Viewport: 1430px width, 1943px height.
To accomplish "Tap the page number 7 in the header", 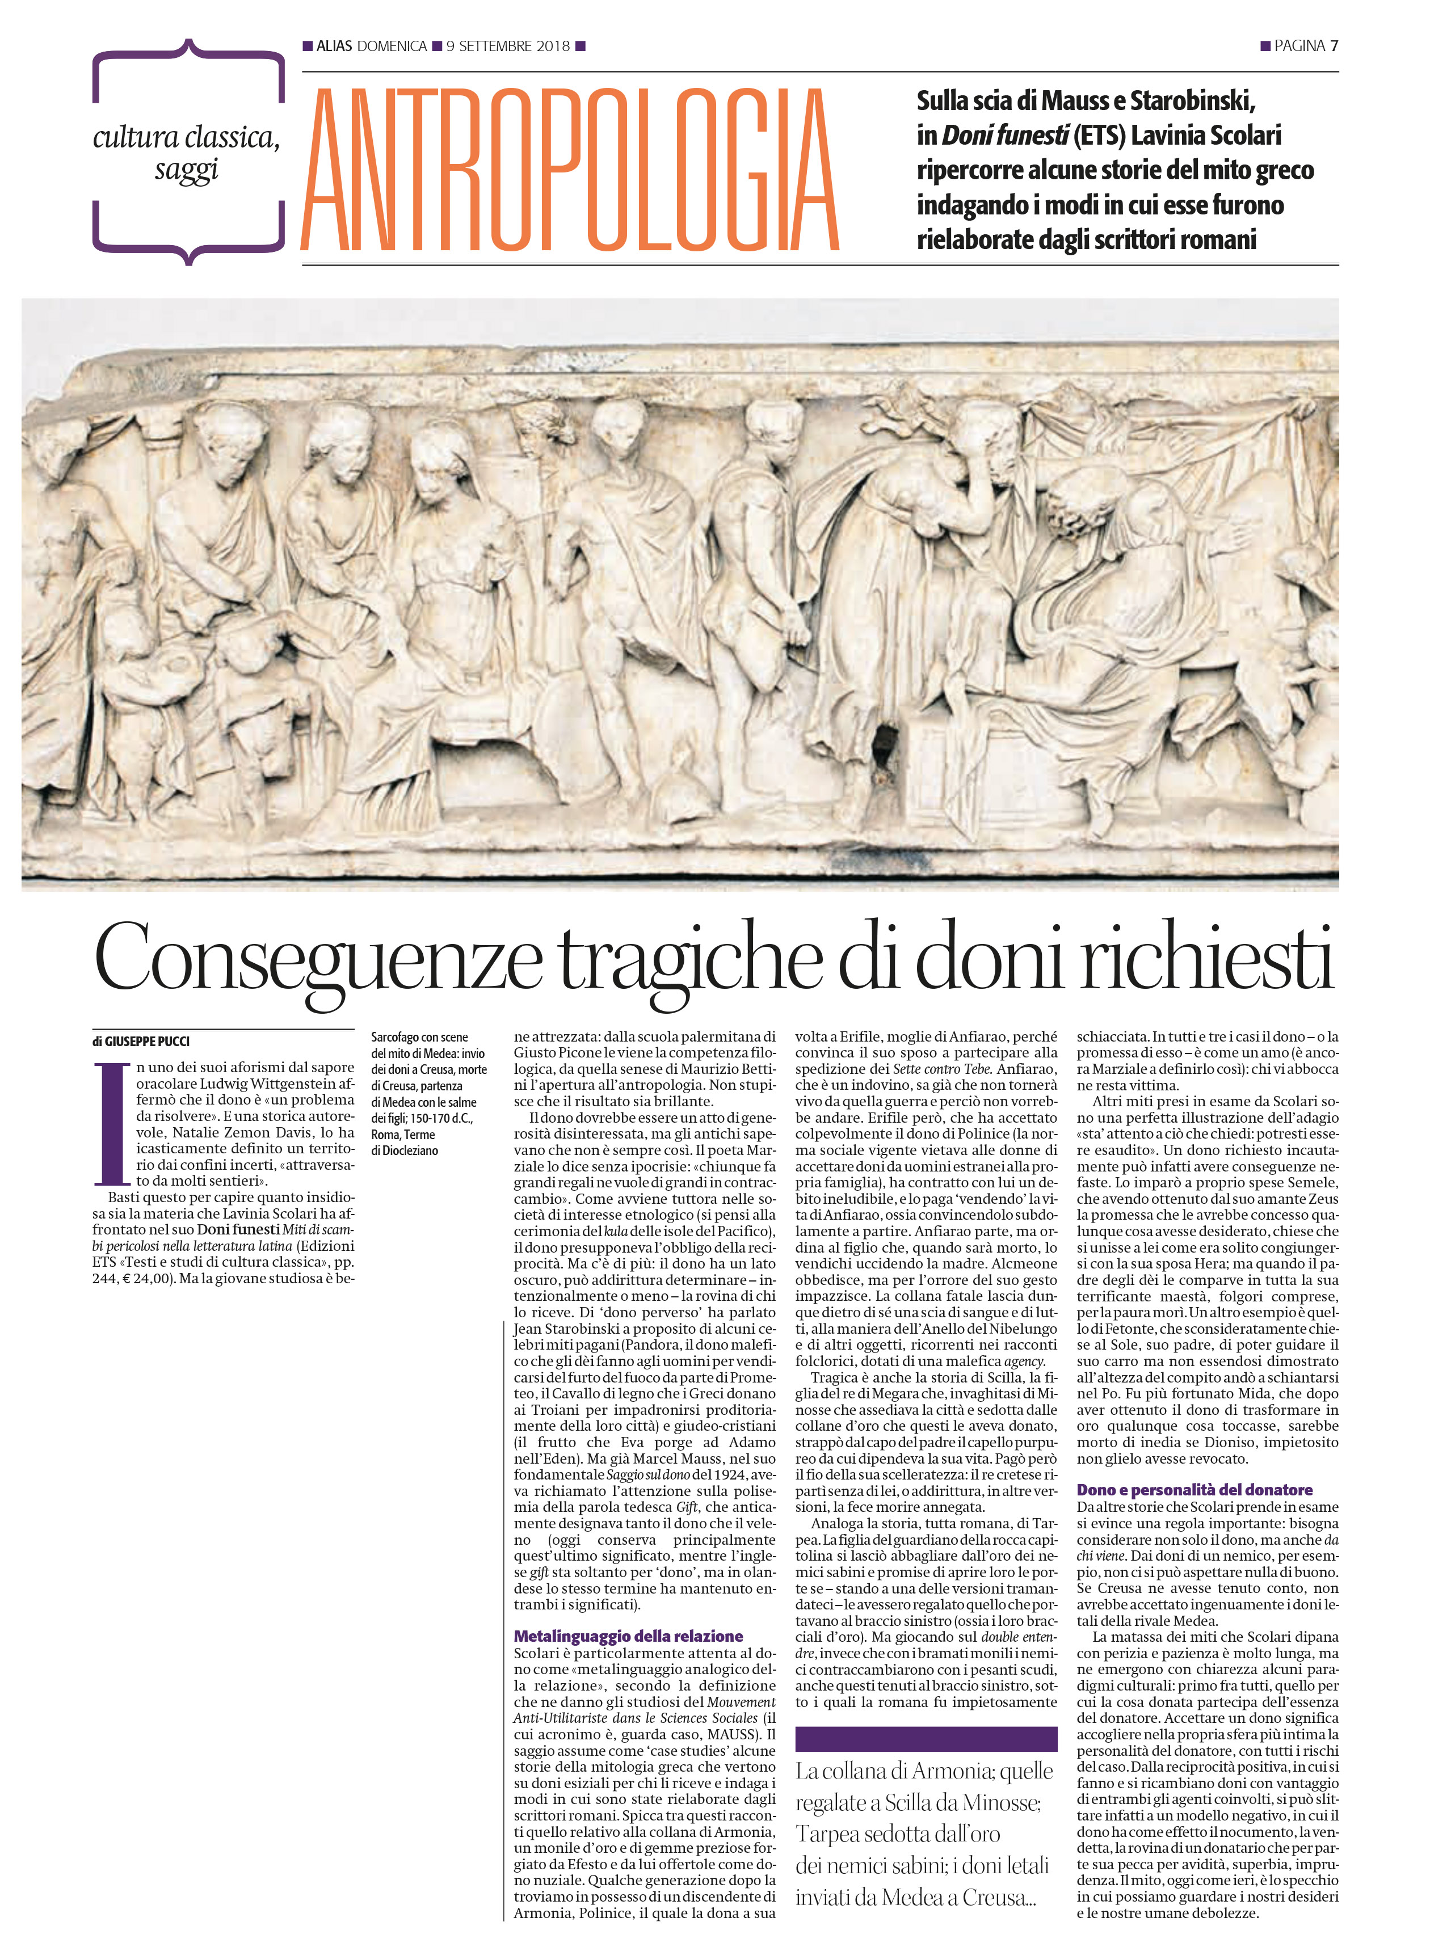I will click(x=1334, y=46).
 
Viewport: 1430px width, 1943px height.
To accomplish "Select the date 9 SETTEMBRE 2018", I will click(x=508, y=46).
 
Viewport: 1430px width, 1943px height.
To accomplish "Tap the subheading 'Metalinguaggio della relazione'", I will click(x=628, y=1636).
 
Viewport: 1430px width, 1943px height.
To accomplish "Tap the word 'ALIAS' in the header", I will click(x=334, y=46).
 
